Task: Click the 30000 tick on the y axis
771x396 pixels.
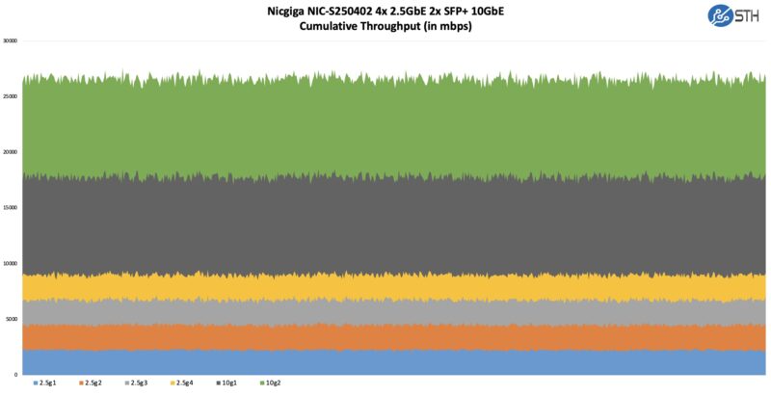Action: tap(10, 41)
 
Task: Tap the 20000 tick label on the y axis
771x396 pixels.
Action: tap(10, 152)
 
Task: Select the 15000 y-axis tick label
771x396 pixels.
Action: tap(10, 208)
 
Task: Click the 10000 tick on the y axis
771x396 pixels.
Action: tap(10, 263)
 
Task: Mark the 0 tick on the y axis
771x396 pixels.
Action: tap(15, 374)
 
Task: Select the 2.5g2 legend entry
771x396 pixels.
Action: tap(92, 384)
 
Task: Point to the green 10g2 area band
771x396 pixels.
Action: tap(385, 125)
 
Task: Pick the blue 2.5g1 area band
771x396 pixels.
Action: tap(385, 362)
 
